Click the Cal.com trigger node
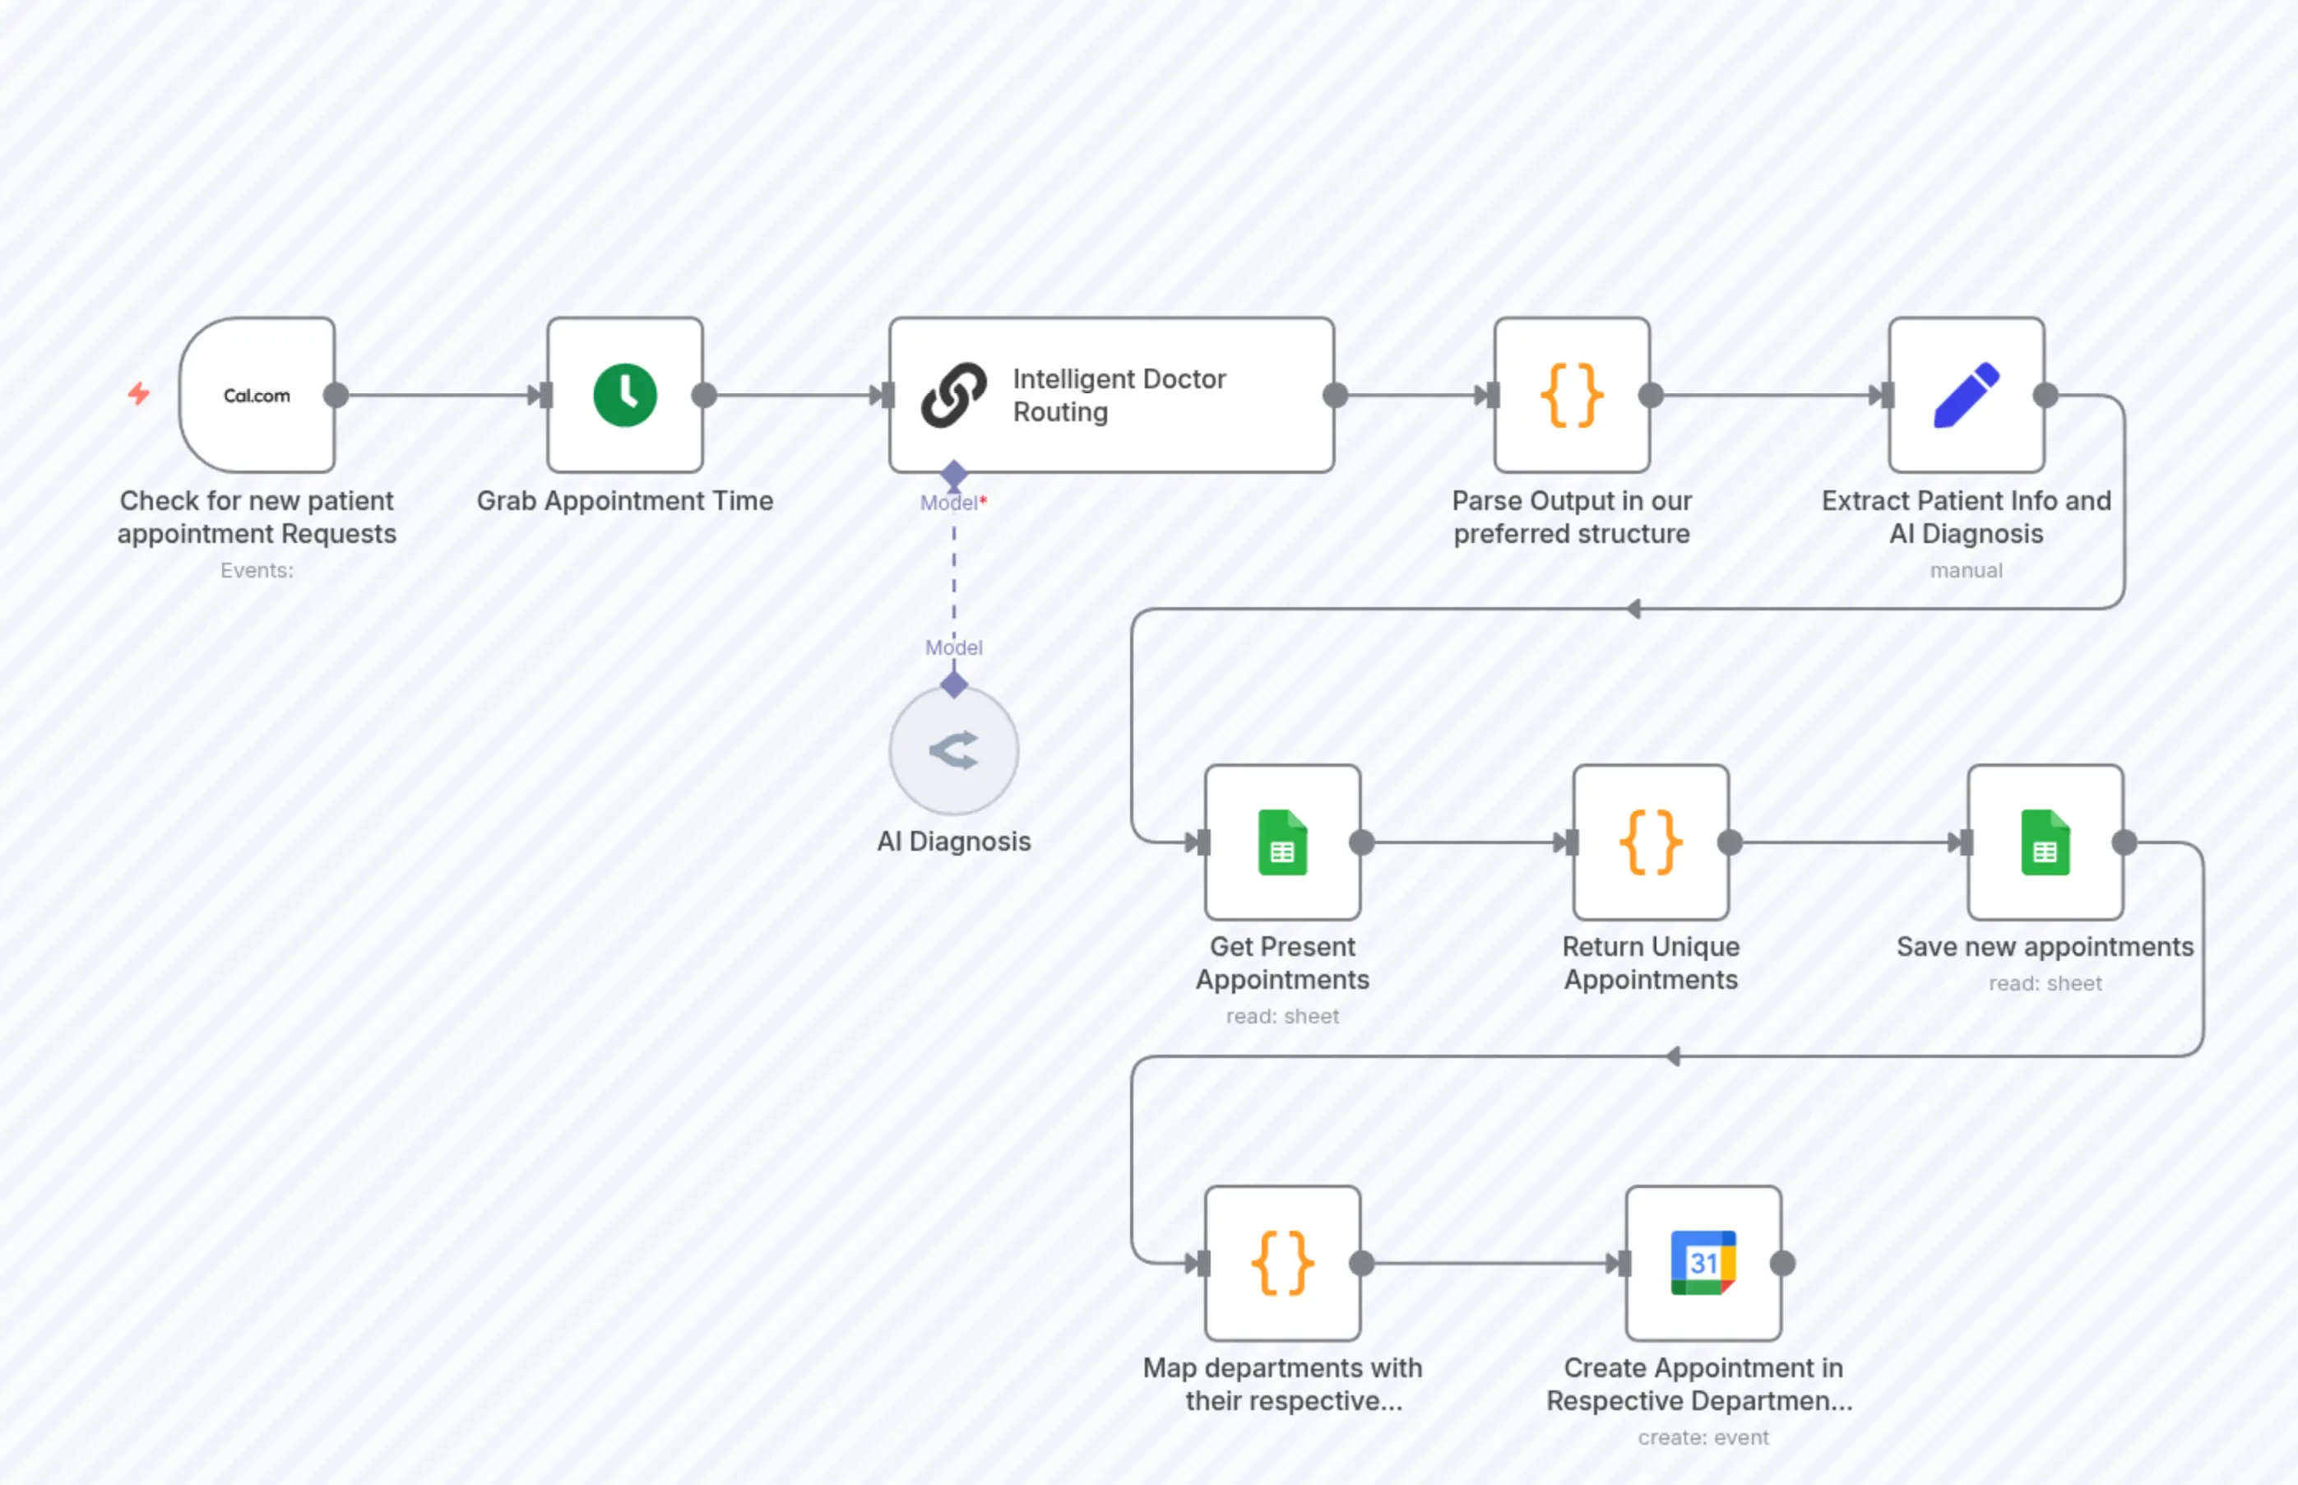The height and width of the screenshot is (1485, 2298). pos(257,396)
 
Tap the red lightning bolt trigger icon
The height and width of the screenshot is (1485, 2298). pos(139,393)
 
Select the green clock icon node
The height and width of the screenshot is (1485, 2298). pos(624,396)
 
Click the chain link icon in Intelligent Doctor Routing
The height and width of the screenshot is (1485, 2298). pos(953,396)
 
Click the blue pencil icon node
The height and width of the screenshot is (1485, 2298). pos(1967,396)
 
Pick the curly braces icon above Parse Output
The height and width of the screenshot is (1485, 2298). pos(1571,396)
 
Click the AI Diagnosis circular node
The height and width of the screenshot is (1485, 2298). pos(953,751)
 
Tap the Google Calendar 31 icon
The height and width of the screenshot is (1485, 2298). pos(1703,1262)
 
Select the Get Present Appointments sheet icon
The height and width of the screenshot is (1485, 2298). pos(1282,842)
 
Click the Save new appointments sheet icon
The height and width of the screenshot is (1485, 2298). pos(2045,842)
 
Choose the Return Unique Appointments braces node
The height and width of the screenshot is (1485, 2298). pos(1650,842)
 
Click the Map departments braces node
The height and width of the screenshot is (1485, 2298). pos(1282,1262)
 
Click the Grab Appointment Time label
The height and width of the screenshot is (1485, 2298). pos(624,501)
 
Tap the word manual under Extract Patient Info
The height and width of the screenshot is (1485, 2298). pos(1966,571)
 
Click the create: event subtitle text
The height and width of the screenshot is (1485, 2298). pos(1703,1438)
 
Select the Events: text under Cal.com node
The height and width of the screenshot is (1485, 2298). pos(257,571)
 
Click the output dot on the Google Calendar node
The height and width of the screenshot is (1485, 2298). pos(1782,1263)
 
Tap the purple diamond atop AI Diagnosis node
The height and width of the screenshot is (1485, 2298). pos(953,685)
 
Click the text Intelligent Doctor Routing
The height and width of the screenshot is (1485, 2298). pos(1118,396)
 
